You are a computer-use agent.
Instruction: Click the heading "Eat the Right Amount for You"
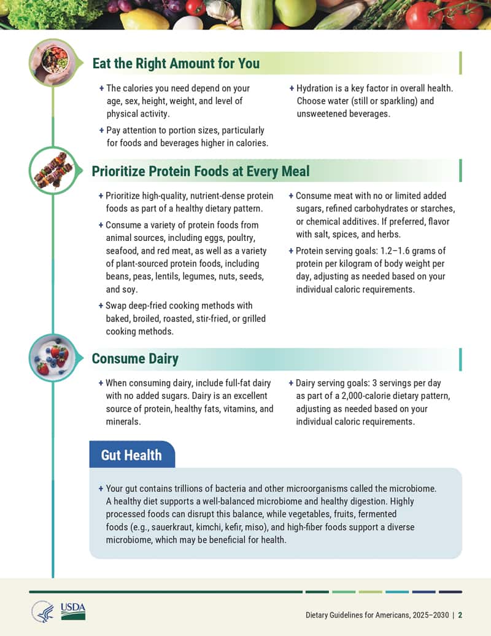pos(176,63)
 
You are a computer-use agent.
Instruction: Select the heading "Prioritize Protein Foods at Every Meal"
pos(201,171)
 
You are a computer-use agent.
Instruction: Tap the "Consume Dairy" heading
pos(135,358)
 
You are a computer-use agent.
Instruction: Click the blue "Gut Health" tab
pos(131,455)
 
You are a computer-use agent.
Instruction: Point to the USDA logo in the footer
pos(73,611)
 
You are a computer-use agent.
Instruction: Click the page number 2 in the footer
pos(460,615)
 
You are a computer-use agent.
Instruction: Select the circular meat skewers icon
pos(53,170)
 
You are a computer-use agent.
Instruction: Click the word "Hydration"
pos(316,88)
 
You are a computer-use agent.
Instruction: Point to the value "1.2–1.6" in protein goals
pos(402,251)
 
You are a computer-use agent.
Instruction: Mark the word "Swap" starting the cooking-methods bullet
pos(117,305)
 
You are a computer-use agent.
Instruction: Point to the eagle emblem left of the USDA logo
pos(43,611)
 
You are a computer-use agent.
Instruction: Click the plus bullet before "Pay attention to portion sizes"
pos(101,130)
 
